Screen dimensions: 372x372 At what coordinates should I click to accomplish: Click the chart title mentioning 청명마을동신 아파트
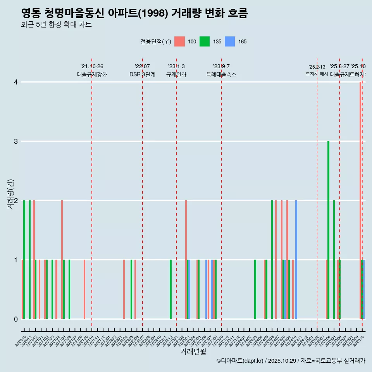click(x=134, y=14)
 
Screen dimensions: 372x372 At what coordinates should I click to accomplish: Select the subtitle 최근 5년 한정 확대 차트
click(x=56, y=25)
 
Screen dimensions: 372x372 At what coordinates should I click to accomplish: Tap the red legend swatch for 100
click(x=179, y=41)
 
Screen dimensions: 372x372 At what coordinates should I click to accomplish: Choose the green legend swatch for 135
click(x=205, y=41)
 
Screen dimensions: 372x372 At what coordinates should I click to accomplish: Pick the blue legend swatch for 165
click(x=230, y=41)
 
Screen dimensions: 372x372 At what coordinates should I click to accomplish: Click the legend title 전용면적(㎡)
click(x=155, y=41)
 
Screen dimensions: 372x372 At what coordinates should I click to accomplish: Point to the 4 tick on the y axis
click(x=15, y=82)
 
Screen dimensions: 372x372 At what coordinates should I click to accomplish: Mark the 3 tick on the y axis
click(x=15, y=141)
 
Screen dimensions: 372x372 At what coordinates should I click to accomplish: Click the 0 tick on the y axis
click(x=15, y=319)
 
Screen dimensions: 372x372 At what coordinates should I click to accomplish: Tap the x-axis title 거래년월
click(x=193, y=351)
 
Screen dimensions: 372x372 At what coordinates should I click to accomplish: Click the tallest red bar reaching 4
click(x=360, y=200)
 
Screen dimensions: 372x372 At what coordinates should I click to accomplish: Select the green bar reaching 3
click(x=328, y=230)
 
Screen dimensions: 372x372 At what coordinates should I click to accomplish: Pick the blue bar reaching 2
click(x=296, y=260)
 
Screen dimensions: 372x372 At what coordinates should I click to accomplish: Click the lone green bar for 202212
click(x=170, y=289)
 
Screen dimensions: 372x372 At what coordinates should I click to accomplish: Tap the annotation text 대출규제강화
click(x=91, y=74)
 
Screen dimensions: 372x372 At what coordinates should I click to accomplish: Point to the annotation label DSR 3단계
click(x=142, y=74)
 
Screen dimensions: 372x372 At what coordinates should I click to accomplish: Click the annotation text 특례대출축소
click(x=221, y=74)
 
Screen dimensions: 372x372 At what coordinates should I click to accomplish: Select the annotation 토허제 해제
click(x=317, y=73)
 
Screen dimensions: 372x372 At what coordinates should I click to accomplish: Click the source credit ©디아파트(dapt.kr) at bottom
click(x=240, y=361)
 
